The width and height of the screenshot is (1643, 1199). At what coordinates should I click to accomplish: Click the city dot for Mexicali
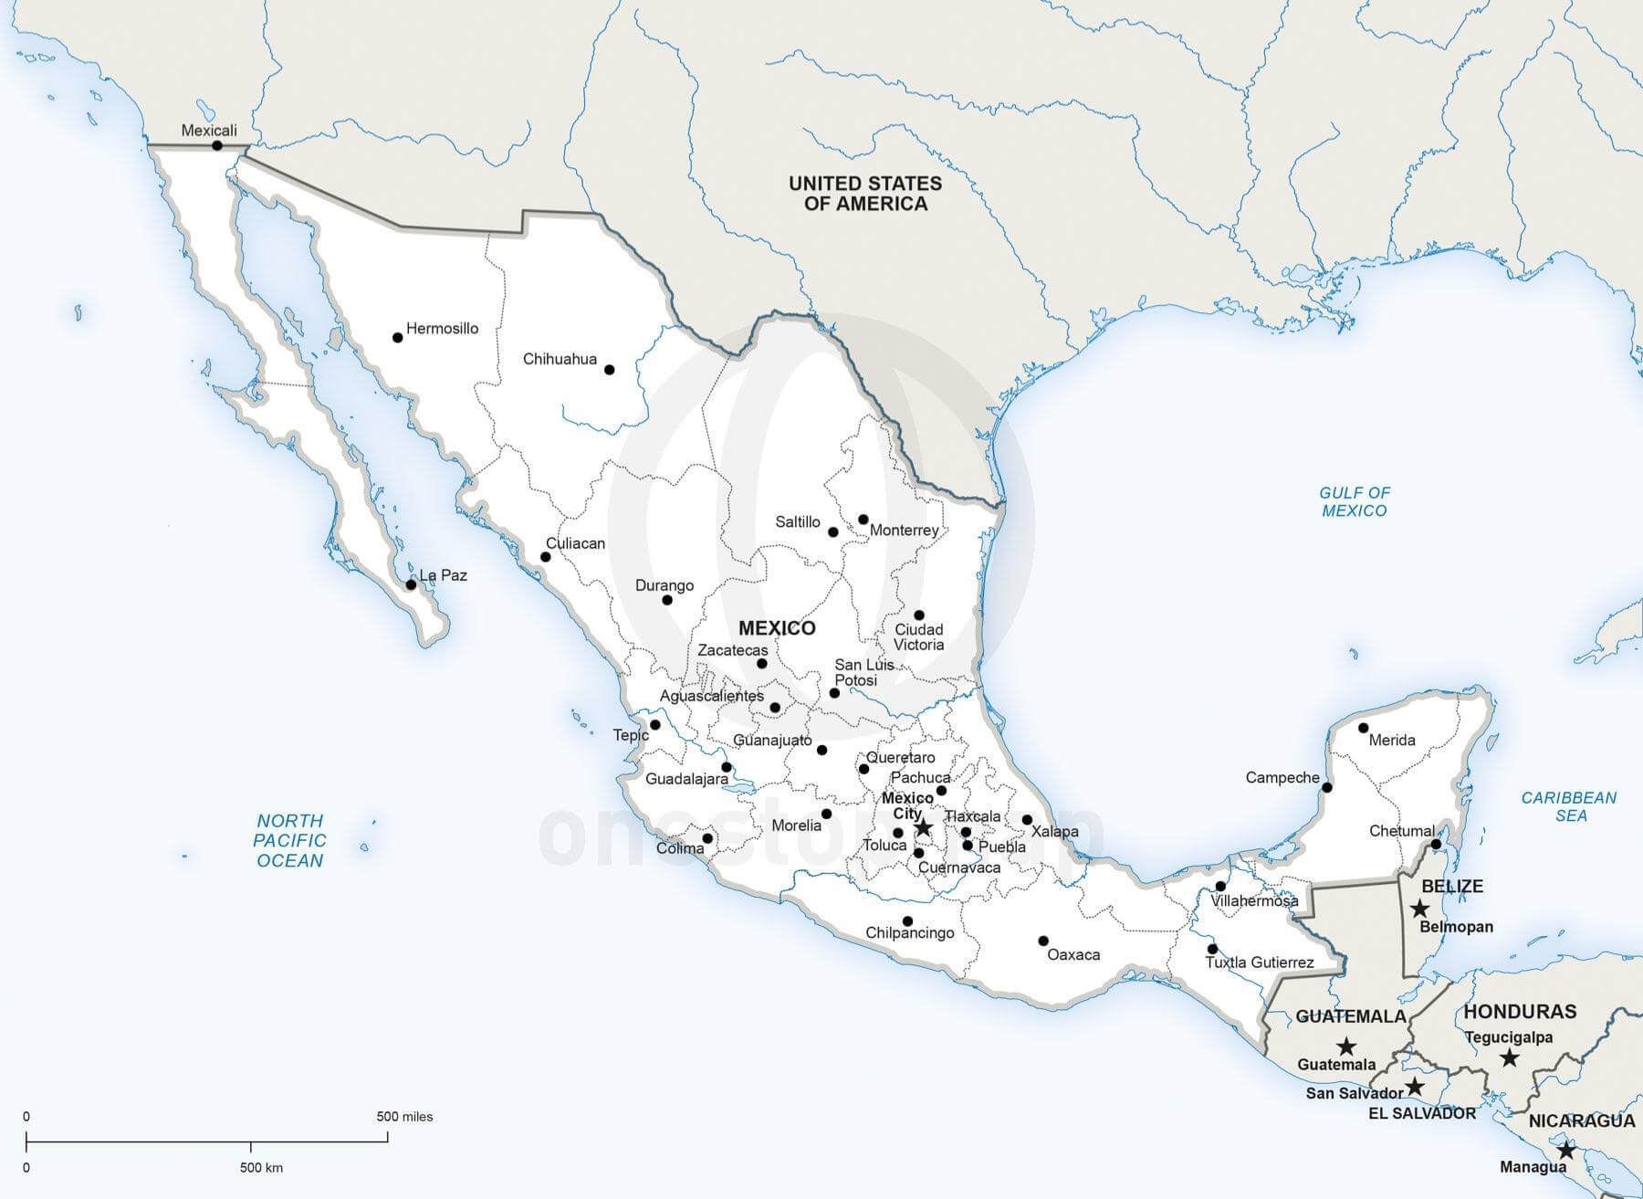217,146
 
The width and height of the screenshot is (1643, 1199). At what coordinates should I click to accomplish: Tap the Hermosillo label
442,329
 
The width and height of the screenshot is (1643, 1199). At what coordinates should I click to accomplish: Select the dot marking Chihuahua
610,370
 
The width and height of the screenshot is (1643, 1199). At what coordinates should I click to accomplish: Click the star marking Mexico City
923,827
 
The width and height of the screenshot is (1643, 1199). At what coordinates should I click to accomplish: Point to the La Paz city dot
411,584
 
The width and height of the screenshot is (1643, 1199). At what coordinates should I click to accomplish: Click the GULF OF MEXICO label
1355,501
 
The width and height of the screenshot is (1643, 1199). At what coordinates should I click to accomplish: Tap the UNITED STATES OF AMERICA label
865,194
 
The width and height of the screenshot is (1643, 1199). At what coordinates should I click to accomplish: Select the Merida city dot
1363,728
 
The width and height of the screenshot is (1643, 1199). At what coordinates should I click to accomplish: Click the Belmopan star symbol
1419,909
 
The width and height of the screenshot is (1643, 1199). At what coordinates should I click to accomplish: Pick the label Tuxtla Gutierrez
1260,962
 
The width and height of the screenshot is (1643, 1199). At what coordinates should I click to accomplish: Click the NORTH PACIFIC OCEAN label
290,840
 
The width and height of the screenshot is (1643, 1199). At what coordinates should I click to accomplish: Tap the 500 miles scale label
404,1116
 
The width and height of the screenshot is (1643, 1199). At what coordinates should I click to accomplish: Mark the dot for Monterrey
863,520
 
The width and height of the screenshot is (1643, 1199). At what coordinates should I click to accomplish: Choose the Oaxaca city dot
1043,941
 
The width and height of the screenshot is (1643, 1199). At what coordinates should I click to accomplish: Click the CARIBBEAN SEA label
1568,806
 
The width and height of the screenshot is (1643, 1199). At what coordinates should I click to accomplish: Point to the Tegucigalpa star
1509,1057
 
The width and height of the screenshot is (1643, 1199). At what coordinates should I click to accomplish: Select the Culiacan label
575,543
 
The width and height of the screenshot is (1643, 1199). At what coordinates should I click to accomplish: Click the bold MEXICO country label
777,628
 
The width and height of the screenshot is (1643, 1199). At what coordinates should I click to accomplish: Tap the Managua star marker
1566,1151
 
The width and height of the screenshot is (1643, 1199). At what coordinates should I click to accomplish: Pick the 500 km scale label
261,1167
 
